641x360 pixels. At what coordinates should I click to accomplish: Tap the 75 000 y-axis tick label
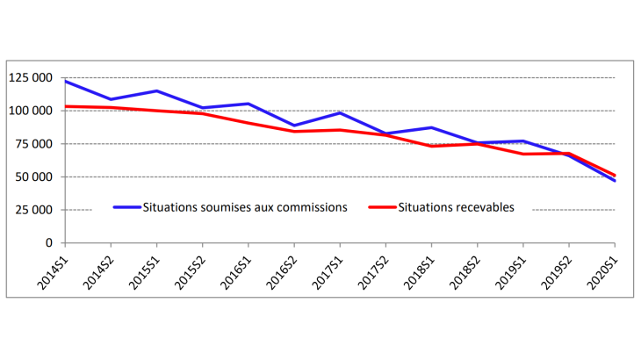point(35,144)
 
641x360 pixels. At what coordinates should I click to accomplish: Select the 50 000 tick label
point(35,177)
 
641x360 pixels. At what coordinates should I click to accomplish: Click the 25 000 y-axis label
point(35,211)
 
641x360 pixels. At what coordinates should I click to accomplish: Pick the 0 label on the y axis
point(50,243)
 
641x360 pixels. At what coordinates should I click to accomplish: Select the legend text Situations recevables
point(456,208)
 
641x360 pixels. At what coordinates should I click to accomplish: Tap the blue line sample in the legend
point(129,208)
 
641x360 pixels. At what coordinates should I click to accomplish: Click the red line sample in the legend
point(382,208)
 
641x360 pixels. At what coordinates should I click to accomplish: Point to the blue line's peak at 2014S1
point(66,81)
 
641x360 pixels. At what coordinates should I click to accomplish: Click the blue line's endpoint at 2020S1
point(615,181)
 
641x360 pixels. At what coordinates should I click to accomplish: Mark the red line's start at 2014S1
point(66,106)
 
